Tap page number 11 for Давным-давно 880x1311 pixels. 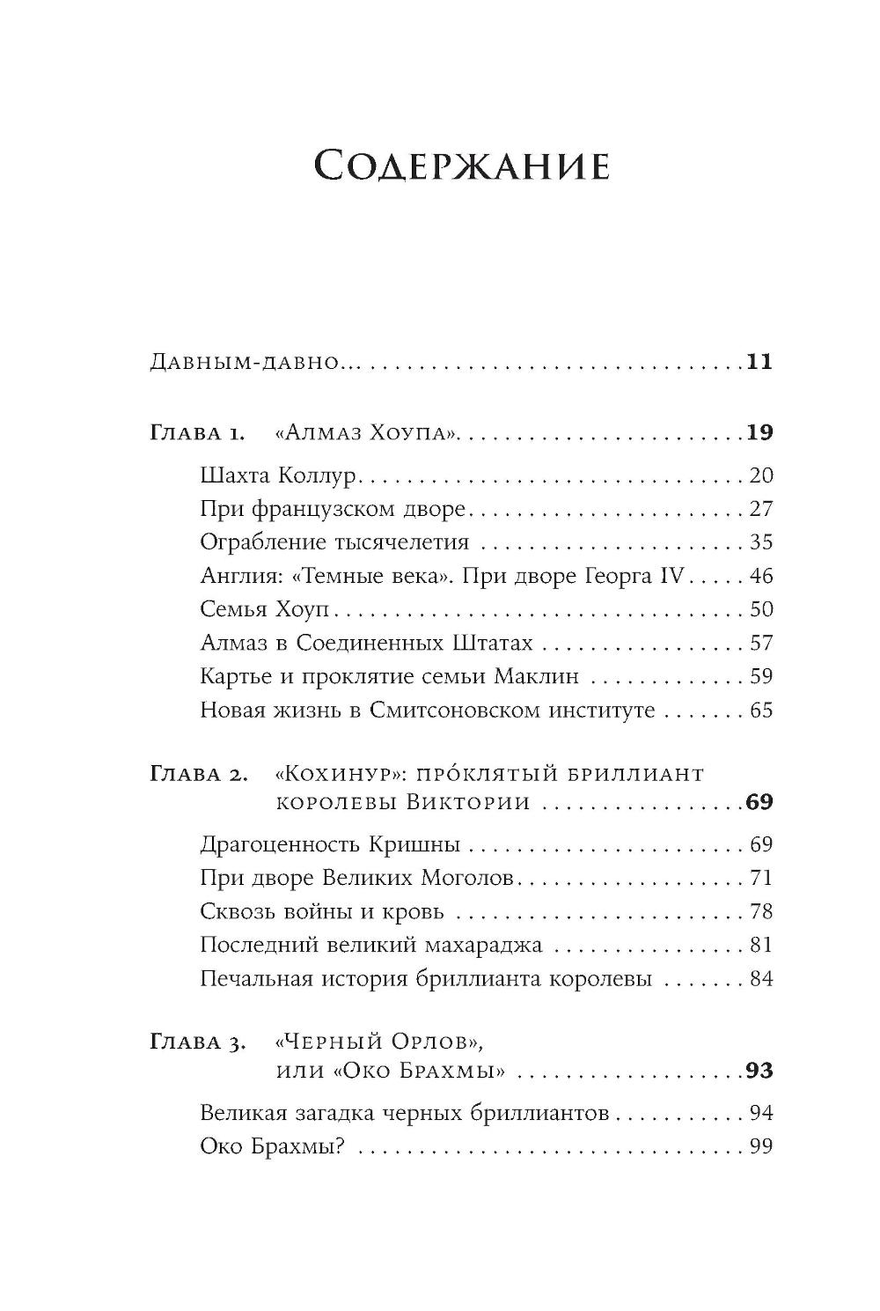[x=759, y=362]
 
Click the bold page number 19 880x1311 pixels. [x=759, y=432]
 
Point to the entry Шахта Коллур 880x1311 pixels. [x=277, y=476]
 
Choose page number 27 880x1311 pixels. [x=761, y=510]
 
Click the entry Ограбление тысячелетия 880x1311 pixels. [x=334, y=543]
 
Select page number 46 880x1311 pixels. [x=761, y=577]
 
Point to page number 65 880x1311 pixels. [x=761, y=711]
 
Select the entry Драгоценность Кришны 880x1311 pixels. [x=330, y=845]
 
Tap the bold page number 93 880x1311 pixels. [x=759, y=1072]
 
